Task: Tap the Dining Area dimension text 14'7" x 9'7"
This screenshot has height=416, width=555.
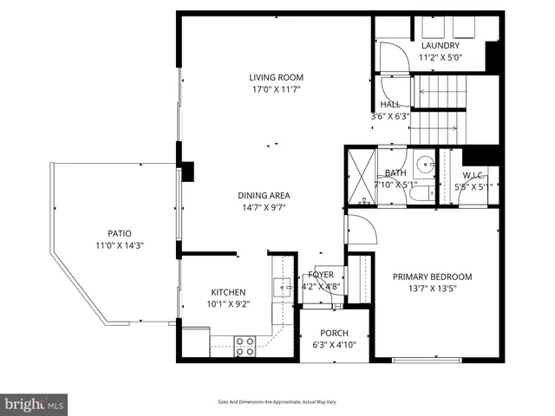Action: pos(264,207)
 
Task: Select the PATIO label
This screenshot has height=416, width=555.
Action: pos(120,233)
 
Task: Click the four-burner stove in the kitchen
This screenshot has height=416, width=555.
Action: pos(245,346)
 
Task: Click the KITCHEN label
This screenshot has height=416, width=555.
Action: pos(228,292)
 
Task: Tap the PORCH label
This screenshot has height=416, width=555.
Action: pos(334,333)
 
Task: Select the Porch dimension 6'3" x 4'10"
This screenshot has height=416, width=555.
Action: pos(334,345)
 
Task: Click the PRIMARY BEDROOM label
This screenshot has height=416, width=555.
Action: pos(432,277)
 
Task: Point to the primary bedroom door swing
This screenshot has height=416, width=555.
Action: pos(360,231)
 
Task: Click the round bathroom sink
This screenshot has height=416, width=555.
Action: pos(423,164)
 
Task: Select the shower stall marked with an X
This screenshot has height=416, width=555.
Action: pos(360,177)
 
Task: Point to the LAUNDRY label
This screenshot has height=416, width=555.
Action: pos(440,46)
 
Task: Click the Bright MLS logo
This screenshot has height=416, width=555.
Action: pos(35,404)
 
